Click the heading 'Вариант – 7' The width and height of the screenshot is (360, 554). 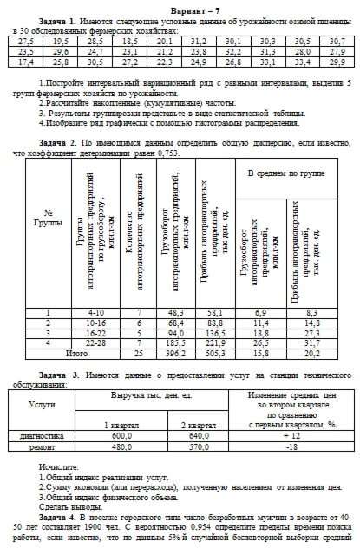click(180, 6)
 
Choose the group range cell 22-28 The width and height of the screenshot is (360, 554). click(95, 343)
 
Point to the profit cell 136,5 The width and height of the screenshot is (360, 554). click(214, 332)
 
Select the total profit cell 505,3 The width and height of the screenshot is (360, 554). click(214, 355)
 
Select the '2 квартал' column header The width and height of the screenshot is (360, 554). click(198, 426)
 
